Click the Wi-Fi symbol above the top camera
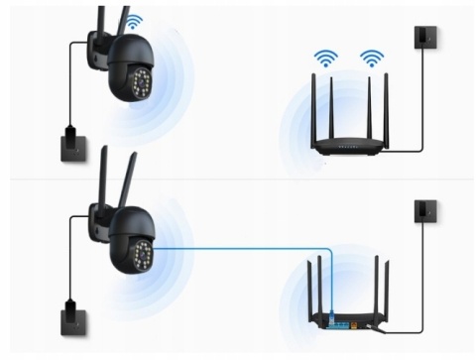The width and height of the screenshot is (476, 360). (132, 21)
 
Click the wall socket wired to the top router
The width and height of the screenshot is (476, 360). (425, 39)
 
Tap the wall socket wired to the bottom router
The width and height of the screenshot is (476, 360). (425, 210)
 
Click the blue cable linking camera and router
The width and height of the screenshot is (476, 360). (248, 248)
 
